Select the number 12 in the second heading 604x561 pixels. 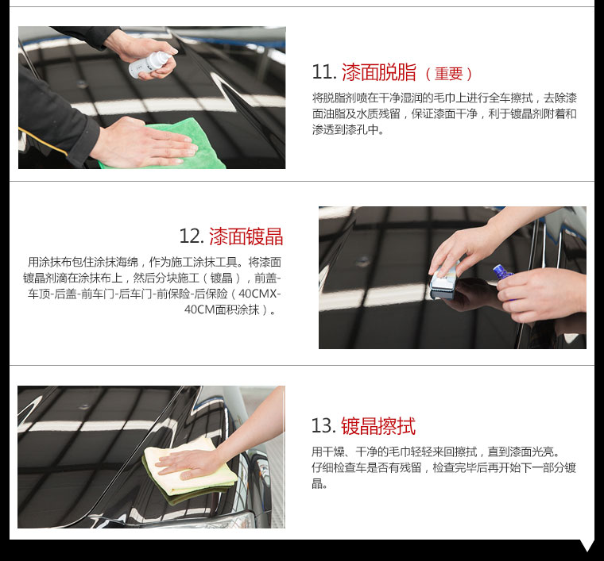[x=191, y=236]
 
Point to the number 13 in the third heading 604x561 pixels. [x=323, y=426]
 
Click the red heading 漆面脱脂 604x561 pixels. [x=379, y=72]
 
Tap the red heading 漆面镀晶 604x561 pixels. [x=246, y=236]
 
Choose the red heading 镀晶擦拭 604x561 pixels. [x=378, y=426]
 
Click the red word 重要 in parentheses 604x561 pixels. [x=449, y=74]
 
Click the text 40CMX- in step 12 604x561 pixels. [x=260, y=294]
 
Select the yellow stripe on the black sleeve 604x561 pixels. [x=43, y=142]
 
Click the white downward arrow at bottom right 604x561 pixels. [x=587, y=545]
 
